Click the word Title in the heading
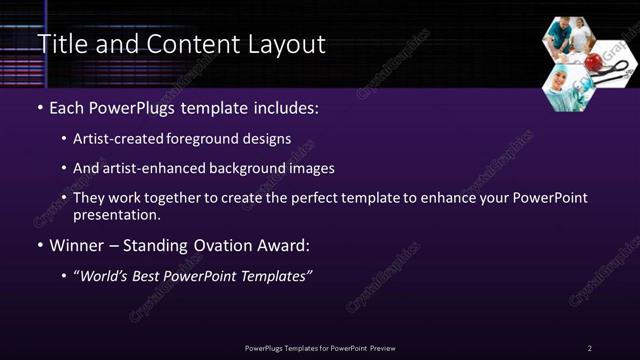click(60, 45)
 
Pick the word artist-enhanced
click(149, 169)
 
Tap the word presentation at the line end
click(115, 214)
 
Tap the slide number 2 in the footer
click(589, 348)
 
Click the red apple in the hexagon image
click(594, 62)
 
